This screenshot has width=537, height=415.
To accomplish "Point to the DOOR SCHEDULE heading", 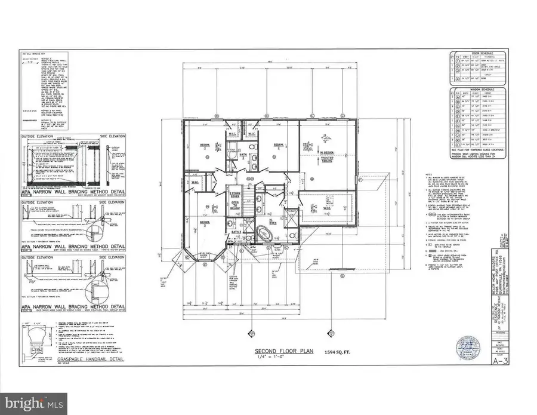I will coord(475,53).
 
